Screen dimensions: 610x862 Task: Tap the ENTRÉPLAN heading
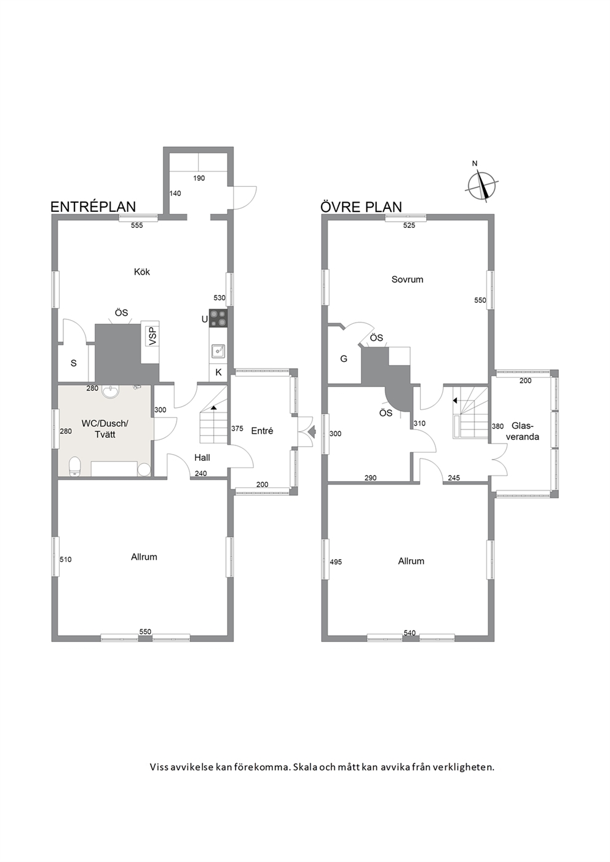point(93,206)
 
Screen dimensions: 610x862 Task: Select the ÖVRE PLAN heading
point(361,206)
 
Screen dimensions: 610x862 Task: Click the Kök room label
point(141,272)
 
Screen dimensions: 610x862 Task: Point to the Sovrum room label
point(407,280)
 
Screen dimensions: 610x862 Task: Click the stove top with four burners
point(218,318)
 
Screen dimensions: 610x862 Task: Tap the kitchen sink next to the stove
point(218,351)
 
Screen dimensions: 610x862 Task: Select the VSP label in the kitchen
point(153,335)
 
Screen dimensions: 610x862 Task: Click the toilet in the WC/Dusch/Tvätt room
point(74,467)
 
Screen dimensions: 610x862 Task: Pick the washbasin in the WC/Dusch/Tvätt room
point(111,391)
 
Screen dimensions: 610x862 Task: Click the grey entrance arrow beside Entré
point(312,431)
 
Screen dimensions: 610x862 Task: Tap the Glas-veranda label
point(522,431)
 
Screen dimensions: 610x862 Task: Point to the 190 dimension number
point(199,179)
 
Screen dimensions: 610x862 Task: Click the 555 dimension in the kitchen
point(137,225)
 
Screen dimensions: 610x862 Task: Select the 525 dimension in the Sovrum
point(409,225)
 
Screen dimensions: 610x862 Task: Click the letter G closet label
point(344,359)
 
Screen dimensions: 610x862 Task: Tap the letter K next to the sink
point(218,372)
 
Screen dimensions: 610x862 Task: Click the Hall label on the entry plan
point(202,458)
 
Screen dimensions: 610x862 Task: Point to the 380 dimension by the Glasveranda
point(497,426)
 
